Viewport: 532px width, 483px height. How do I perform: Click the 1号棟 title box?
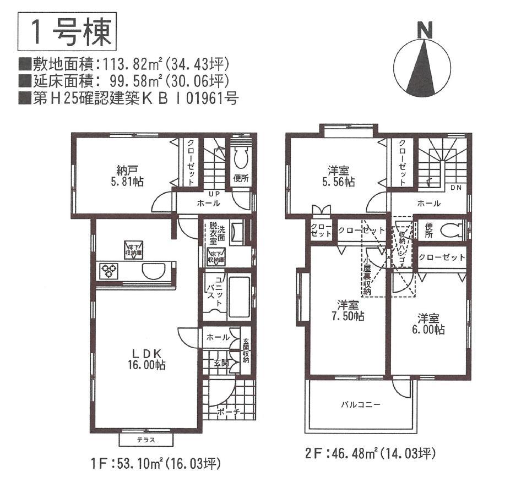67,33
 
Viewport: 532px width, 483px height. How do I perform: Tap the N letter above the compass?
424,31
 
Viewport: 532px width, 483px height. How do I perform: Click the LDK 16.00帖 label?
144,358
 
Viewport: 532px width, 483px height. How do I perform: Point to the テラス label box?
145,440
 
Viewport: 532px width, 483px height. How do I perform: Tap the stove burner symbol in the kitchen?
108,271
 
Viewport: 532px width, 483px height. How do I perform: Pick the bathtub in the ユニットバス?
238,297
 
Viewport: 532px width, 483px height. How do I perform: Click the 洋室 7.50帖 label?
348,310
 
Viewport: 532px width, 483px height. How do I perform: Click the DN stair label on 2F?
455,188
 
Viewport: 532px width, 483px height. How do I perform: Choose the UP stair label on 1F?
213,194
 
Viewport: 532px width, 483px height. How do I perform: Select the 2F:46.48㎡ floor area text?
370,454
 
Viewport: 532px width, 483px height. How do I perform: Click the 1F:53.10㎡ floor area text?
157,464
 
